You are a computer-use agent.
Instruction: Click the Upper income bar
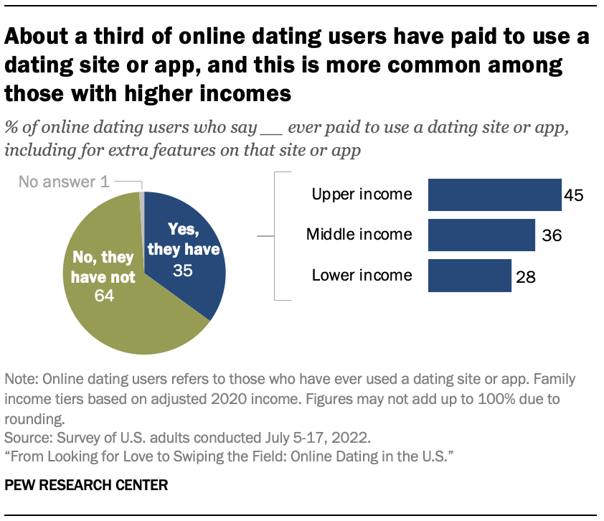pos(494,194)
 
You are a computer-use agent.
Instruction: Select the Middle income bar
pos(481,235)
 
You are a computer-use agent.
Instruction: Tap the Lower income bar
pos(469,275)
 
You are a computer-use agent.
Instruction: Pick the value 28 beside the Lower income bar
pos(527,276)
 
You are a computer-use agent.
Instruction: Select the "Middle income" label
pos(359,234)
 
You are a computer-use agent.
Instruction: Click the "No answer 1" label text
pos(64,182)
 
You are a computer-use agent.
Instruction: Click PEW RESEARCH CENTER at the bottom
pos(86,485)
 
